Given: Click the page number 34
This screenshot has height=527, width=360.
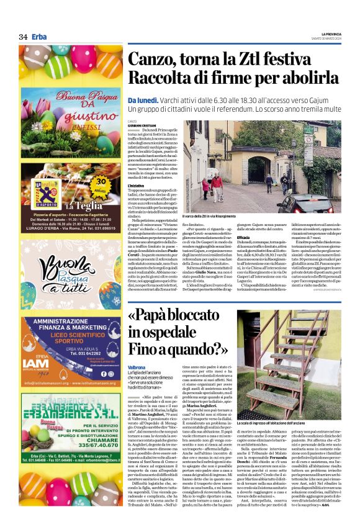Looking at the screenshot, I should pyautogui.click(x=23, y=37).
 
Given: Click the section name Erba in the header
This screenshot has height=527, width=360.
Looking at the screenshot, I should pyautogui.click(x=39, y=37).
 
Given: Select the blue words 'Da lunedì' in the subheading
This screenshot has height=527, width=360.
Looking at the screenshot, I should pyautogui.click(x=142, y=101).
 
